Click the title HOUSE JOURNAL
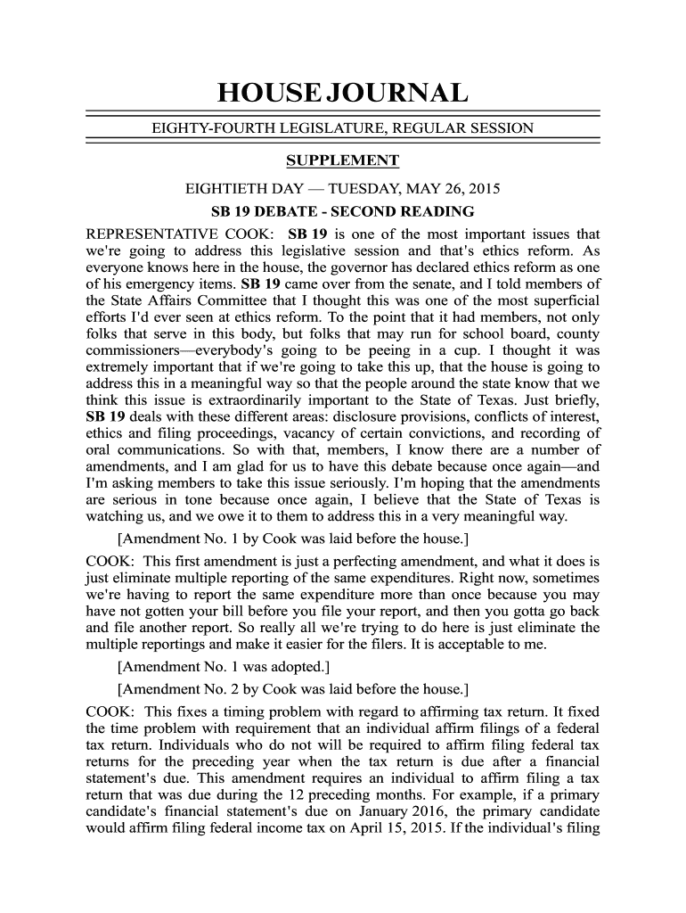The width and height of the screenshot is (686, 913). point(342,94)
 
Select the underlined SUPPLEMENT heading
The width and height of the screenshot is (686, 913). point(342,160)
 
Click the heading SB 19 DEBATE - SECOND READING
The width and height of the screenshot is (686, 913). point(342,212)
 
